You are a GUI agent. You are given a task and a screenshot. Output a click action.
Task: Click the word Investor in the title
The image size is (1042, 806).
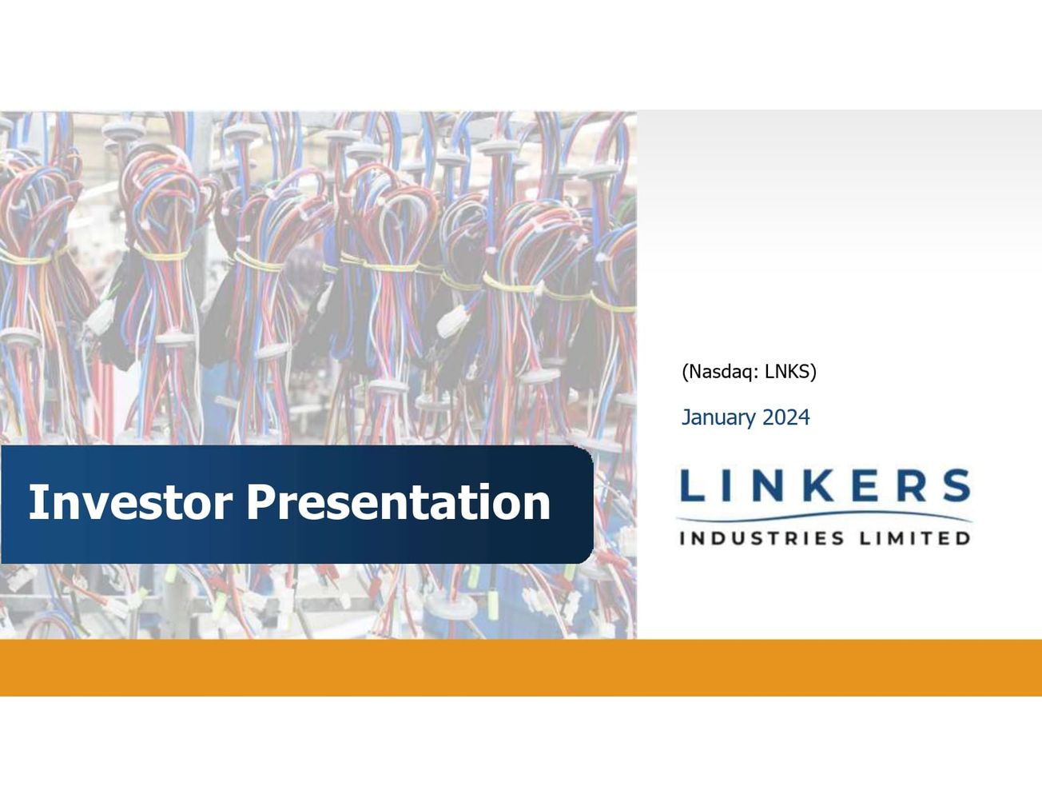pyautogui.click(x=130, y=502)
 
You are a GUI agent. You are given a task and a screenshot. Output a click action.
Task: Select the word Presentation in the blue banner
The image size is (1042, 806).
pyautogui.click(x=398, y=502)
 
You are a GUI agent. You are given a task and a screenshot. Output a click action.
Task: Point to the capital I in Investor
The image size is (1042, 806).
pyautogui.click(x=35, y=502)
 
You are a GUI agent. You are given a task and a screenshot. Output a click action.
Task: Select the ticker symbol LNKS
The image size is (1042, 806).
pyautogui.click(x=787, y=372)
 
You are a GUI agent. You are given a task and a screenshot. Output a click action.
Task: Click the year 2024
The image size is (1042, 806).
pyautogui.click(x=786, y=417)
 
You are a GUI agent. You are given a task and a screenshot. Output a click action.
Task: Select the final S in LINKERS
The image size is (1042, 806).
pyautogui.click(x=955, y=486)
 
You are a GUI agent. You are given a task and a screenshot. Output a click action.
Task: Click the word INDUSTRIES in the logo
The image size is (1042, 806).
pyautogui.click(x=762, y=538)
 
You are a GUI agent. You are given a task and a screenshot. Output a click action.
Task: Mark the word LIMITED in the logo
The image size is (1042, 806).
pyautogui.click(x=915, y=538)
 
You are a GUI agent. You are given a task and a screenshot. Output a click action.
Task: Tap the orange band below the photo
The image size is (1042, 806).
pyautogui.click(x=521, y=668)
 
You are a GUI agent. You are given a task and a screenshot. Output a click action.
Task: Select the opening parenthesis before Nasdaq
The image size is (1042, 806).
pyautogui.click(x=685, y=372)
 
